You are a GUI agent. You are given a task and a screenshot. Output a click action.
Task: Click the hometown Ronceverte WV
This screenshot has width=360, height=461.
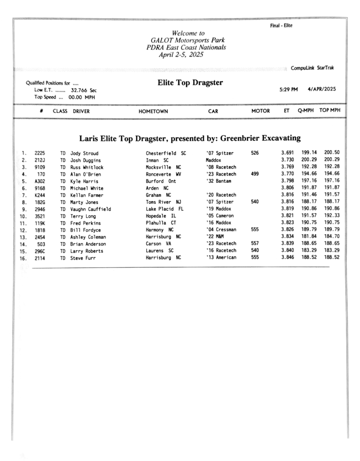163,174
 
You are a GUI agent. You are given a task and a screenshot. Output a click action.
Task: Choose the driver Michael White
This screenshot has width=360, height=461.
87,188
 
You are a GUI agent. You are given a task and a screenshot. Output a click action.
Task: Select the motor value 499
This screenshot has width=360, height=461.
255,174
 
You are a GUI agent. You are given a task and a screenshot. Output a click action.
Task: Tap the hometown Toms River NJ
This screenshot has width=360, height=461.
163,202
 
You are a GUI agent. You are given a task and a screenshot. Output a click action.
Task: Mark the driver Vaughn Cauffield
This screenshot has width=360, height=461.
91,209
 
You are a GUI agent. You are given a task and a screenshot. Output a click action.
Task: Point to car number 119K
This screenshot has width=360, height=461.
40,223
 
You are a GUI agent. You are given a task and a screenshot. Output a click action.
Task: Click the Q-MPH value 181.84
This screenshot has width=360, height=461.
309,237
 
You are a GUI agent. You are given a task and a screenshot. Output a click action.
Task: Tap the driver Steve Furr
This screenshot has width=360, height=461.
83,258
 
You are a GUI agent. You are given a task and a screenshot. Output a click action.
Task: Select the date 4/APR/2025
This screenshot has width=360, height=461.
321,90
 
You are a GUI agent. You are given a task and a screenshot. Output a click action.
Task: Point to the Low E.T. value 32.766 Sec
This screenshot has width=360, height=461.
84,90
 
